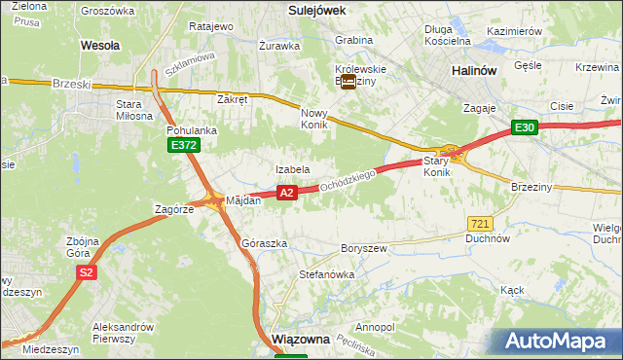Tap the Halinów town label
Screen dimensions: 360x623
(476, 71)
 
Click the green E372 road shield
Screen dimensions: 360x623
(182, 145)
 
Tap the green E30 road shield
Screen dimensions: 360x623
(526, 127)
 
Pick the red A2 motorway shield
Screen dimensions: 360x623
(286, 194)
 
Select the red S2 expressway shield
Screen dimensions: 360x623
(87, 273)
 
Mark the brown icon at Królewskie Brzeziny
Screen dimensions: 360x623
(348, 83)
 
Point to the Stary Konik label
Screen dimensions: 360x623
(437, 165)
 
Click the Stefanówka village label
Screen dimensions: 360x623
(326, 274)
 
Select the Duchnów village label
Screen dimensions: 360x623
(488, 237)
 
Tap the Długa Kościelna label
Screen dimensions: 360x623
(448, 35)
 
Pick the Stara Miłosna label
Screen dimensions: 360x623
(134, 109)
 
